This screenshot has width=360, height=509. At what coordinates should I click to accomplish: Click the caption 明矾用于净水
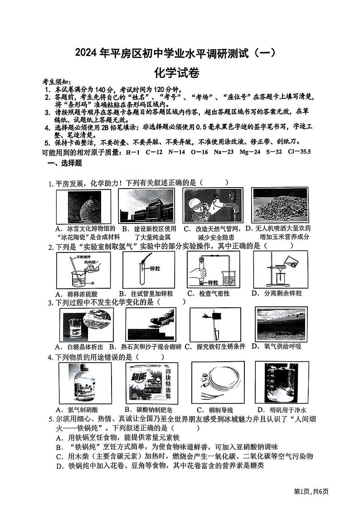pos(282,410)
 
